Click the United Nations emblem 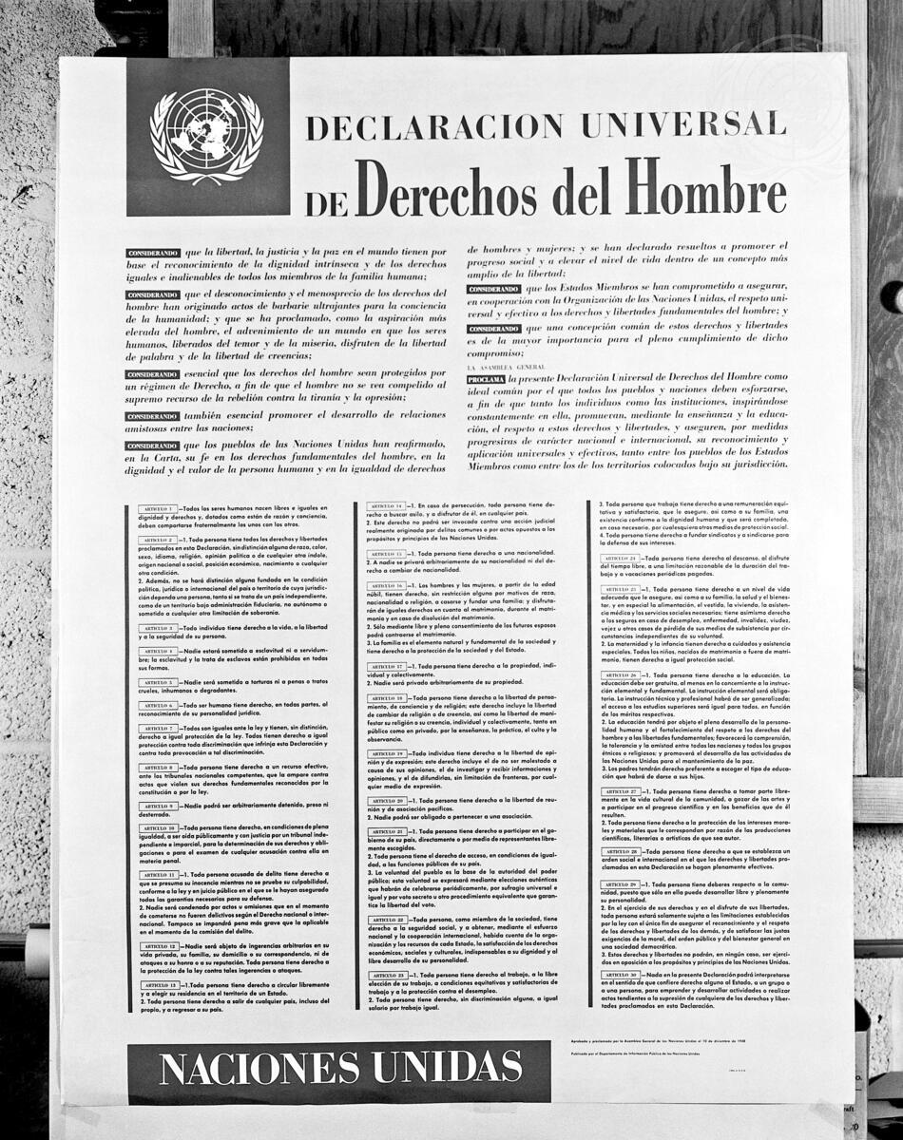pyautogui.click(x=207, y=137)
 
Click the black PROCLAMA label pyautogui.click(x=486, y=379)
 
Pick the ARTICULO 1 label pyautogui.click(x=155, y=509)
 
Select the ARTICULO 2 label pyautogui.click(x=155, y=540)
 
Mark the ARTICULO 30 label pyautogui.click(x=620, y=976)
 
